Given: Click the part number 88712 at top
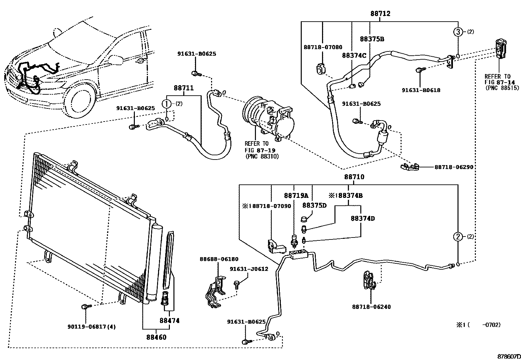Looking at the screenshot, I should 380,14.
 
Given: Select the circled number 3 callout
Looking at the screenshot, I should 458,32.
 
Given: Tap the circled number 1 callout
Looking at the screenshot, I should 167,104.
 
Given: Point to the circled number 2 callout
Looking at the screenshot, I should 458,237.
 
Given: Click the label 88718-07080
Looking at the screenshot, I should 323,47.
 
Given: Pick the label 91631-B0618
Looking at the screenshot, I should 421,90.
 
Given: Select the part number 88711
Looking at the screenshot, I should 184,88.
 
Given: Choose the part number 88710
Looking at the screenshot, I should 354,177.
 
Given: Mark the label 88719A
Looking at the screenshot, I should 296,196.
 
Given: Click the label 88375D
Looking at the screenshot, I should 314,205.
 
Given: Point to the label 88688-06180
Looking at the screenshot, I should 219,259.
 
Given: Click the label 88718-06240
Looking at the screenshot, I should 371,307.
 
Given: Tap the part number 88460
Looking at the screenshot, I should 156,337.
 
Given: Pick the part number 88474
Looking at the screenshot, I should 170,321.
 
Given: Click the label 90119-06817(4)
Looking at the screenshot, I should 92,327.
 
